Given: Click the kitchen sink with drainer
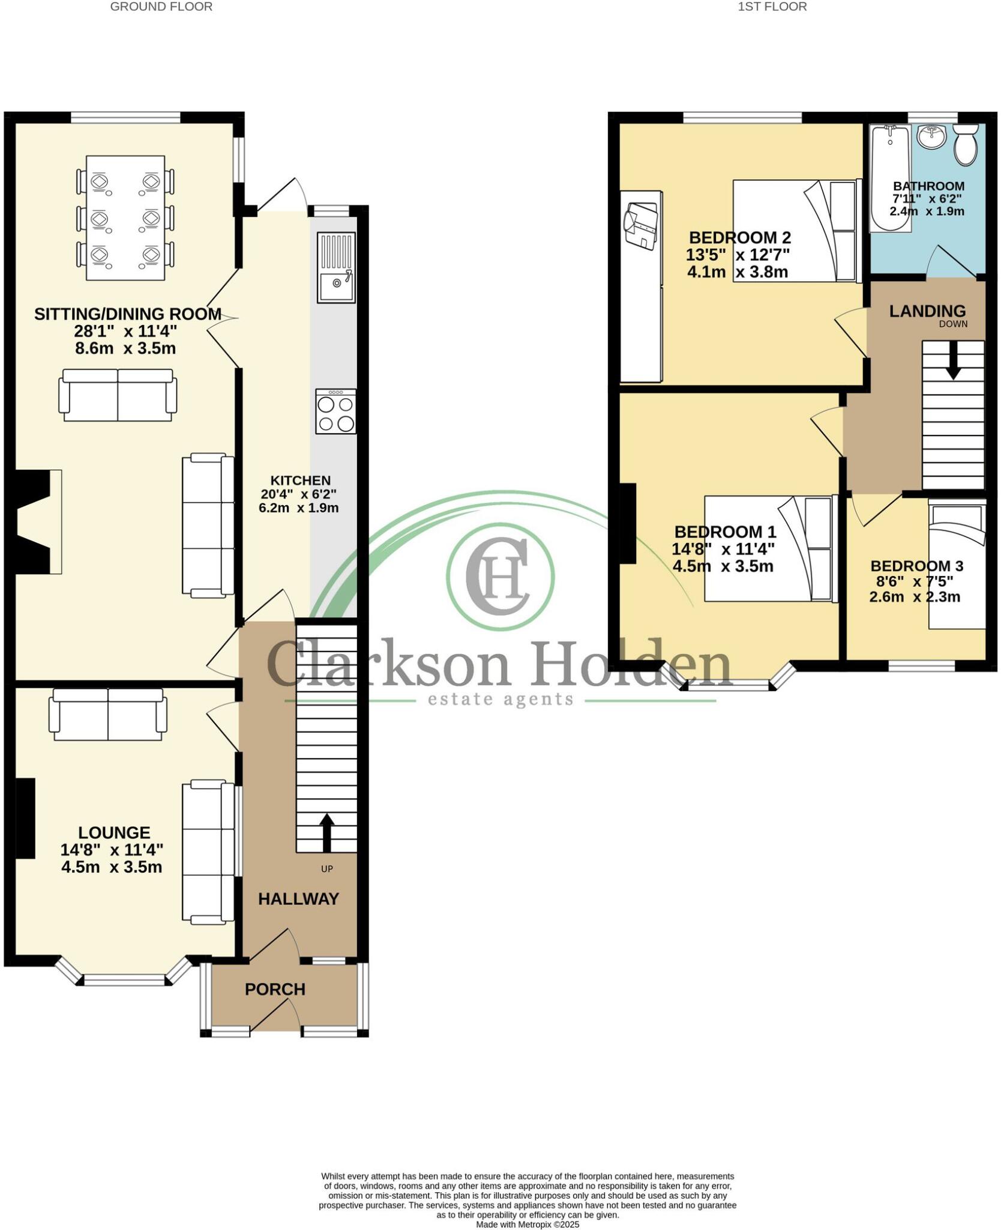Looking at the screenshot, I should click(336, 267).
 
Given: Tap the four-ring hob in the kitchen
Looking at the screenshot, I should click(336, 411).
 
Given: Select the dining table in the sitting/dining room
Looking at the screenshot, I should click(125, 217).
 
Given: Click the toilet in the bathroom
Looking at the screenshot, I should click(965, 144).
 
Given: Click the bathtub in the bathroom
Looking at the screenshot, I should click(891, 178).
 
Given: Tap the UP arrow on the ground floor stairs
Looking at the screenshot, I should click(326, 832).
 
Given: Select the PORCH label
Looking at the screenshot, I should click(275, 989).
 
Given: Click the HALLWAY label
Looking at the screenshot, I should click(298, 899).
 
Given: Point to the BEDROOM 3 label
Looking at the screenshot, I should click(916, 566).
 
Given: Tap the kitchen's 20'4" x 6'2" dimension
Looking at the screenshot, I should click(299, 494).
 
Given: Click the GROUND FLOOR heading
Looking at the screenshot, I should click(161, 7).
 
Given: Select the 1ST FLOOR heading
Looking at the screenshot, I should click(772, 7).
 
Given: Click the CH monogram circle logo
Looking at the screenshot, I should click(501, 576).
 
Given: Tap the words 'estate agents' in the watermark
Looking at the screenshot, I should click(501, 699).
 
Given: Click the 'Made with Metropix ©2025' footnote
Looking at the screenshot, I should click(528, 1224).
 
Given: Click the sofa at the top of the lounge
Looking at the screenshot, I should click(108, 715).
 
